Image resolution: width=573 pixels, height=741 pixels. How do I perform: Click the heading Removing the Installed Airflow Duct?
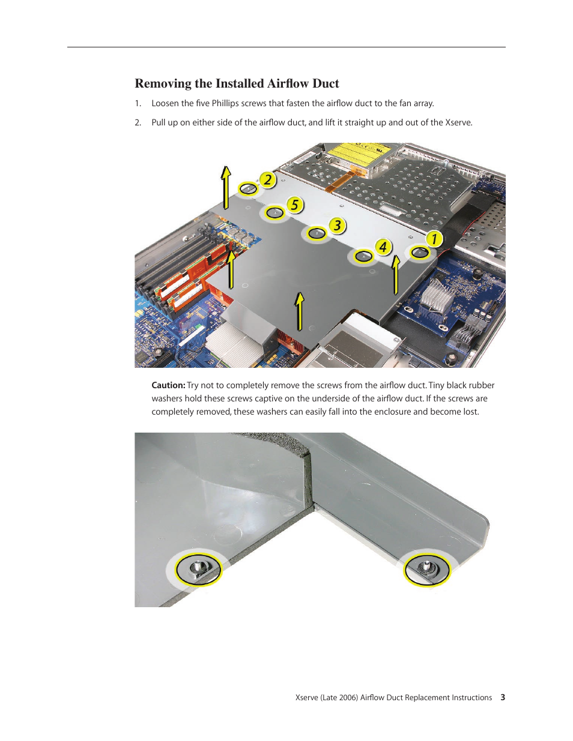coord(237,83)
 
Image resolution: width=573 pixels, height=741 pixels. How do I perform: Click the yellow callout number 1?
coord(434,239)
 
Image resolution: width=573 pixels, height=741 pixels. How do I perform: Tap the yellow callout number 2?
coord(267,180)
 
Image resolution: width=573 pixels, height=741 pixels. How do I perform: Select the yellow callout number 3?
coord(338,226)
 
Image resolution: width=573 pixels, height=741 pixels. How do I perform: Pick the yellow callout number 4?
coord(383,247)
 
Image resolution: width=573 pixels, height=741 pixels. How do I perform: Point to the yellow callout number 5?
coord(294,205)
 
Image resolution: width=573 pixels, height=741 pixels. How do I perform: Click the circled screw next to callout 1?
coord(419,253)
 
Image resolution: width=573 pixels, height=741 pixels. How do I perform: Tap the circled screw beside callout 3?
coord(317,233)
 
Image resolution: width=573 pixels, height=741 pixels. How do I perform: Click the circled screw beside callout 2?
coord(248,189)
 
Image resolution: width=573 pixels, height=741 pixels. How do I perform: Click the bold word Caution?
coord(168,385)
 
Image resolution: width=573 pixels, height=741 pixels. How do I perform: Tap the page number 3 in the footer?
coord(503,697)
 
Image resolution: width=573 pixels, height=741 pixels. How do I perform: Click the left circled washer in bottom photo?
coord(198,568)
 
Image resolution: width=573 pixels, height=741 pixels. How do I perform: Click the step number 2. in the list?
coord(138,122)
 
